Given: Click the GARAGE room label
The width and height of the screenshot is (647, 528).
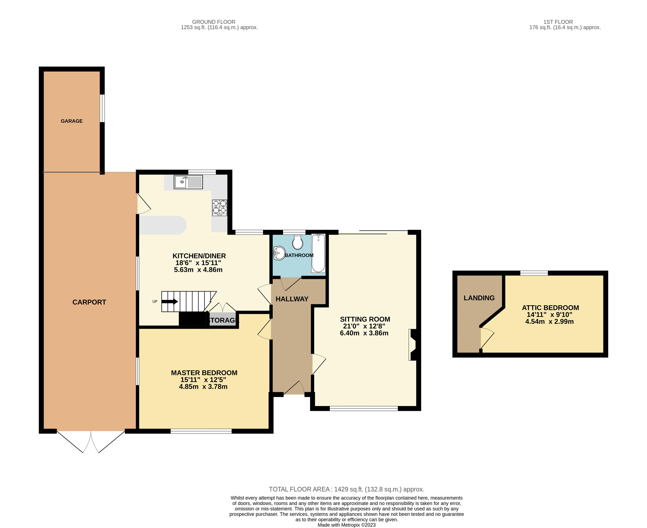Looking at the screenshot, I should point(72,121).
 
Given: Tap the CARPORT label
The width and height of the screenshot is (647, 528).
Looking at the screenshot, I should point(89,302).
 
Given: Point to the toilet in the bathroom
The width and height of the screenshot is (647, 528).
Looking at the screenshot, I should point(297,242).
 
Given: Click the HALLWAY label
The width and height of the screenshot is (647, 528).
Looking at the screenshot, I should point(292,299).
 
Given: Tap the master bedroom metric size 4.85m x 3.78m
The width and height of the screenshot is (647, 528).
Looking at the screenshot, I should point(203,387).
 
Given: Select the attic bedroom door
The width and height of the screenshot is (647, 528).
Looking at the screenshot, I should point(487,338).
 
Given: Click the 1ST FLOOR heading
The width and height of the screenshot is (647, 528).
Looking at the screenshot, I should point(558,22).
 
